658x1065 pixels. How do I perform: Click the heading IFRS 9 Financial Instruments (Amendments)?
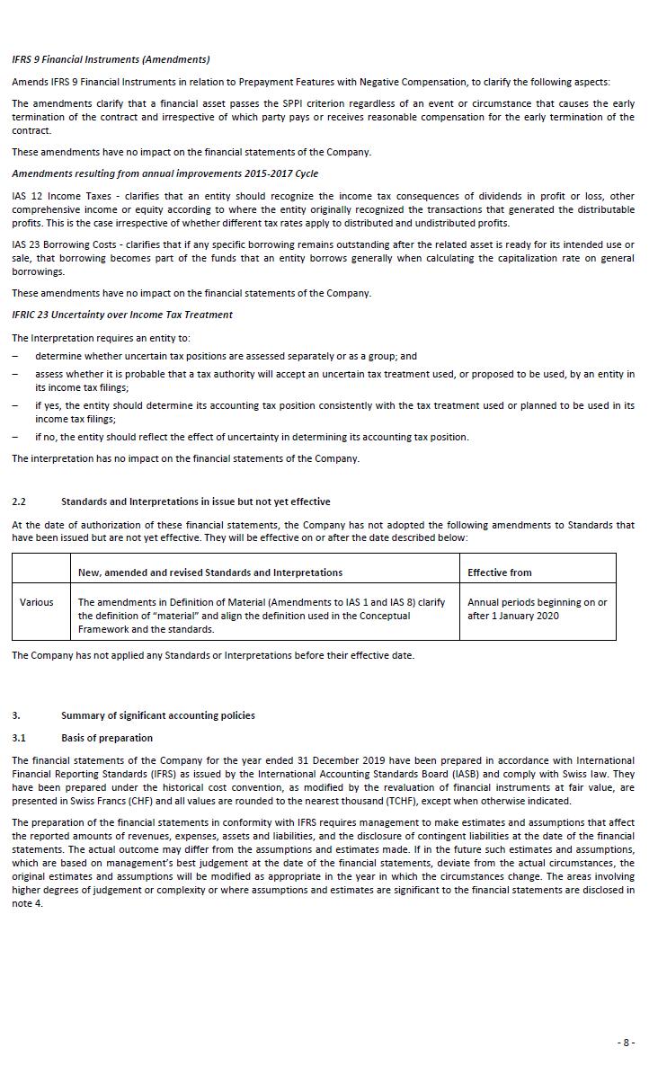111,59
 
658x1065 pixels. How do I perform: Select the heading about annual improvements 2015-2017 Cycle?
164,173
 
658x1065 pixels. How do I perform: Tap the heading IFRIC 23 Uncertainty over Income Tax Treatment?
122,315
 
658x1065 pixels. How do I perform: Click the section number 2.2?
19,501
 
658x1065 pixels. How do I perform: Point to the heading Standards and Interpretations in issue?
195,501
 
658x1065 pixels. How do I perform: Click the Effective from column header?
499,572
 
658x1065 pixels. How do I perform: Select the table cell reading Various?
37,602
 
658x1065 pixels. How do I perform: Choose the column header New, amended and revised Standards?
210,572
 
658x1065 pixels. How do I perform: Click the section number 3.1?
19,738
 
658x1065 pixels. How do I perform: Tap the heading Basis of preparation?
107,738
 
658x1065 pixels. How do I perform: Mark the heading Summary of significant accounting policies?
157,715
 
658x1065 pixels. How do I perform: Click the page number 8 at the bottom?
626,1043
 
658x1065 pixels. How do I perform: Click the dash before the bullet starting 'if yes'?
14,406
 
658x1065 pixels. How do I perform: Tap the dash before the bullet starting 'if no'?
14,438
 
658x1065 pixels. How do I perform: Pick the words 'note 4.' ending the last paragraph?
27,903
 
